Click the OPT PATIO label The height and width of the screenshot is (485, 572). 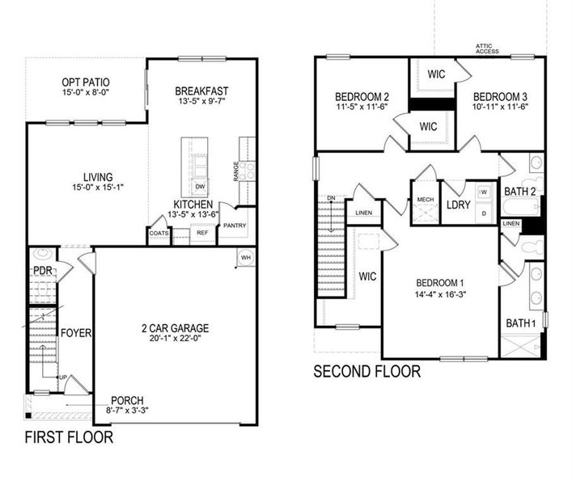86,82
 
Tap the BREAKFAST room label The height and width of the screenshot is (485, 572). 201,91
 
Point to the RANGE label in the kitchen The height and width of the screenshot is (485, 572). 237,171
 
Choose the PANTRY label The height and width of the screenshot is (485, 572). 235,226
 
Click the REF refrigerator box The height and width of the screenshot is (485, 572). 202,233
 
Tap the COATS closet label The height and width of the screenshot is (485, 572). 159,233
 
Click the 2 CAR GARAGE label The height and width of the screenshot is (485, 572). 175,328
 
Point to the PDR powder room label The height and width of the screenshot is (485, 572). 42,270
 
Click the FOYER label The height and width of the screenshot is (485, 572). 77,333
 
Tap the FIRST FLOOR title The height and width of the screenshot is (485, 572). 69,438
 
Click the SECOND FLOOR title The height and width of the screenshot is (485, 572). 367,372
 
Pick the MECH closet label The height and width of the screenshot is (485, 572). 425,200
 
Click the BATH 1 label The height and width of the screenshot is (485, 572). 521,323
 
